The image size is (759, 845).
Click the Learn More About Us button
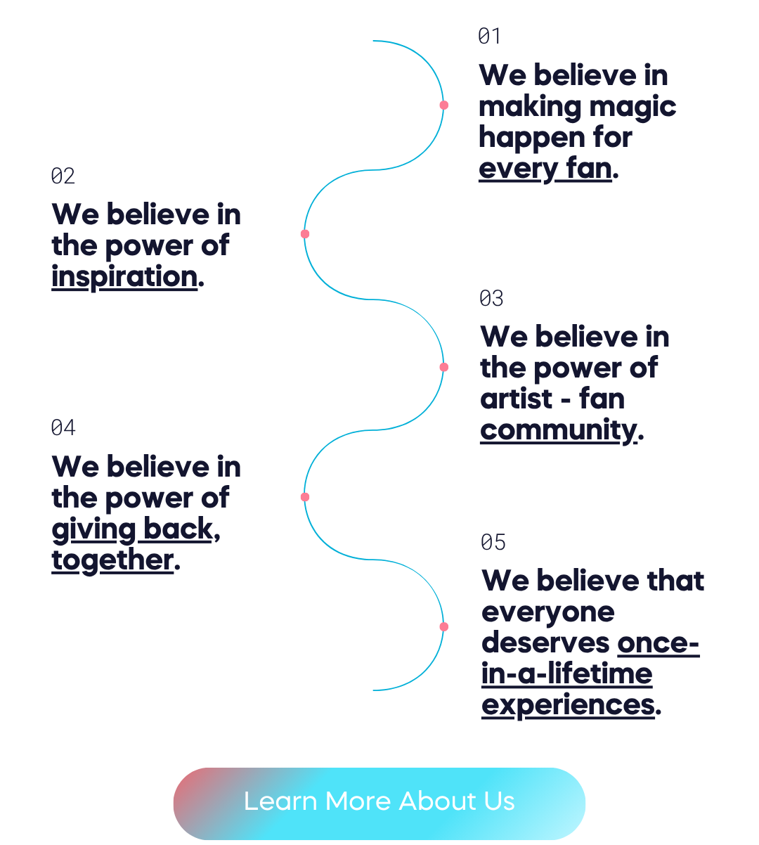tap(379, 802)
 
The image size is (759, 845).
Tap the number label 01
tap(489, 37)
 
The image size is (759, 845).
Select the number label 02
tap(63, 176)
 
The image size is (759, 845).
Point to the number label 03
tap(491, 299)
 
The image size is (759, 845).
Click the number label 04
tap(63, 427)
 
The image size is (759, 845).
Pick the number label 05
tap(493, 542)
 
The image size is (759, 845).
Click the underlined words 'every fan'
tap(545, 169)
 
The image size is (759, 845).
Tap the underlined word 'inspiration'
tap(124, 277)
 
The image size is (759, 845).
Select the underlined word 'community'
tap(558, 430)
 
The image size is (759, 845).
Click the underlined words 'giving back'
tap(132, 529)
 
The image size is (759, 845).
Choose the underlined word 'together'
tap(112, 560)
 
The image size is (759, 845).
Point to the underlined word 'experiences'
tap(568, 705)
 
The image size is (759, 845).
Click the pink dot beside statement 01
tap(444, 105)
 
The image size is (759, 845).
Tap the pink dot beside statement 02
tap(305, 233)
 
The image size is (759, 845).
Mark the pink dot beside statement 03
tap(444, 367)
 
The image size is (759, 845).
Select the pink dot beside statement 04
tap(305, 497)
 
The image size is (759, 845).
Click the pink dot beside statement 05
tap(444, 626)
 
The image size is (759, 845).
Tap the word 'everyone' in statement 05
tap(548, 612)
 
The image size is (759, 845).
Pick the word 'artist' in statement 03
tap(517, 399)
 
